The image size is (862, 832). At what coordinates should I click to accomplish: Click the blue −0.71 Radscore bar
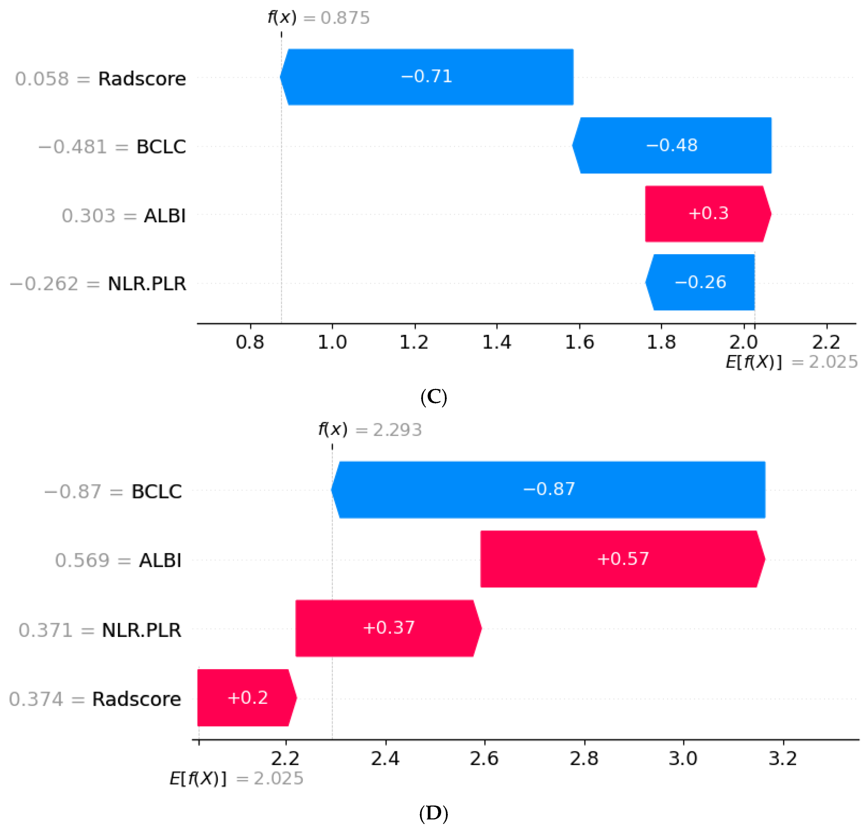(x=427, y=77)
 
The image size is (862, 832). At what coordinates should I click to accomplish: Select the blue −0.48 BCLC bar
(x=672, y=146)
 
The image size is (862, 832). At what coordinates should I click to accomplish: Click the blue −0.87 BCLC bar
(x=548, y=490)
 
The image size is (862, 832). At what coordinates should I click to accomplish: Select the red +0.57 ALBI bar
(x=623, y=559)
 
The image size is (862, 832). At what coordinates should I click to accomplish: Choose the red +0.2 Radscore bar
(x=247, y=698)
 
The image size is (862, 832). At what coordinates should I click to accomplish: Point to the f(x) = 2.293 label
(x=370, y=429)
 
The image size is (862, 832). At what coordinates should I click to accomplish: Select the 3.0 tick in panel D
(x=683, y=758)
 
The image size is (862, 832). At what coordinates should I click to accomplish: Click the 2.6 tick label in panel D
(x=484, y=758)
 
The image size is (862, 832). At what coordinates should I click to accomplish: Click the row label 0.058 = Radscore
(x=100, y=79)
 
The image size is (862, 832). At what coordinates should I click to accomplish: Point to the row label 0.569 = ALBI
(x=118, y=560)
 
